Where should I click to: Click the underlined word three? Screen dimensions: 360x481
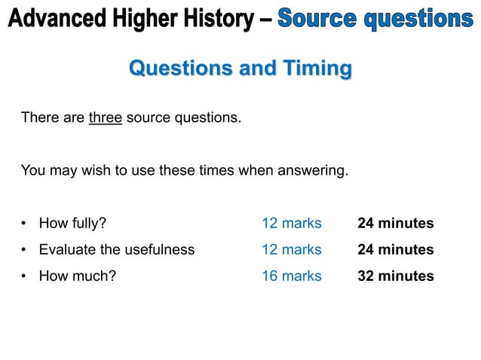(106, 118)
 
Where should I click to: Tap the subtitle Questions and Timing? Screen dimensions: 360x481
(240, 69)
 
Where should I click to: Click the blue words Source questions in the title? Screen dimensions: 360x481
(375, 20)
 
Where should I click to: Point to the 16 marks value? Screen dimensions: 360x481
(291, 276)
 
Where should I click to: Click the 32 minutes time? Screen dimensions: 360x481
(395, 276)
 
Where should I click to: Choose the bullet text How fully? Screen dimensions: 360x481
(72, 224)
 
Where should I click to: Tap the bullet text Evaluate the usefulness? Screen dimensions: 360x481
(116, 249)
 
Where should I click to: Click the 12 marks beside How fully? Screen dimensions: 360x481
(291, 224)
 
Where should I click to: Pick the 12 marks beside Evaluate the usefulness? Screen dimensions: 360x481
(291, 249)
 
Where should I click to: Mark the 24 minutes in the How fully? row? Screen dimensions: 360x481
(395, 224)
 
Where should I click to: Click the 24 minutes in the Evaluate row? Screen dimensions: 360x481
(395, 249)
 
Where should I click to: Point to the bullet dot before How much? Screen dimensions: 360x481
(25, 276)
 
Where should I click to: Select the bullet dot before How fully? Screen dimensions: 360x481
(25, 224)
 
